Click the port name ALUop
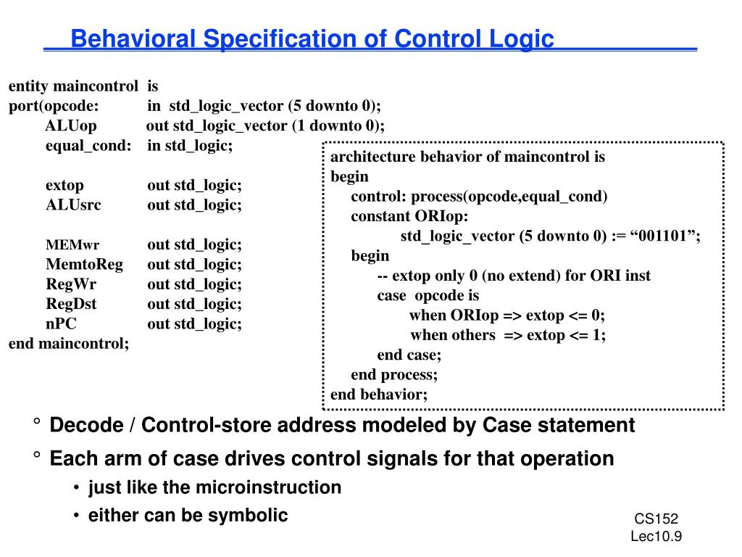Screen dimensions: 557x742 [71, 125]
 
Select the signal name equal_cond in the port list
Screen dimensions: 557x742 [88, 145]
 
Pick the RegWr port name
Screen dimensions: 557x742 [71, 284]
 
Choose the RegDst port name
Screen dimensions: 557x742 [71, 303]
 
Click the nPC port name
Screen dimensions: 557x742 [61, 323]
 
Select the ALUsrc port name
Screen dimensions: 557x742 [73, 205]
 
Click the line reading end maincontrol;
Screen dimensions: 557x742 [69, 343]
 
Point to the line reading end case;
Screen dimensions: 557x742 [409, 355]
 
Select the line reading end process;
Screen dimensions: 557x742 [394, 374]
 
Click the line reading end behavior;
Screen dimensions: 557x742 [379, 394]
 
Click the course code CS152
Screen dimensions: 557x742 [656, 519]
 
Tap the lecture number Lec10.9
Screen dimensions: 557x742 [656, 536]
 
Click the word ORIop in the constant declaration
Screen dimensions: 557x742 [442, 216]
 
